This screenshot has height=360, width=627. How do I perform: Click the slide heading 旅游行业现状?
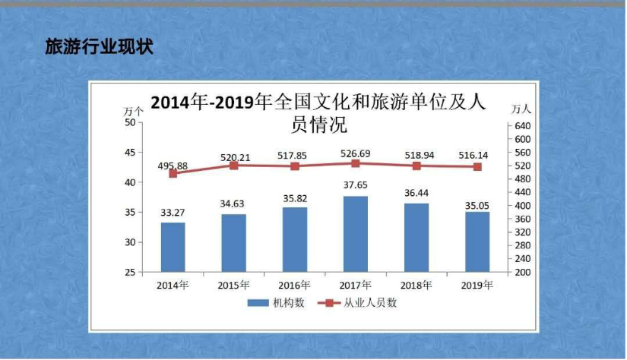99,47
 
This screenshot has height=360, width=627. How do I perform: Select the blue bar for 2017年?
356,234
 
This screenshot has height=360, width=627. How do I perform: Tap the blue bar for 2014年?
173,247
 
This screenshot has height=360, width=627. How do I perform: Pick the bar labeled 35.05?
477,242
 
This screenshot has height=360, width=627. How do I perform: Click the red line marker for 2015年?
234,166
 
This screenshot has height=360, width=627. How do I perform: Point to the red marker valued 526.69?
356,163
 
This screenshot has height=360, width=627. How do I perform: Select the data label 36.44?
416,194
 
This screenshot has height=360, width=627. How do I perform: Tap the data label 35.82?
295,198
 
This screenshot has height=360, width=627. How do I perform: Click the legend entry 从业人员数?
360,302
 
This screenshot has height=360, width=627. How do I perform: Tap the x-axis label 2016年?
295,286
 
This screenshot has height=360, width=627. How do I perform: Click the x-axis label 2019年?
477,286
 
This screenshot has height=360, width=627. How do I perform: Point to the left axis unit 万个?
133,111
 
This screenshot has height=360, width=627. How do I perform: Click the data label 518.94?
416,155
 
